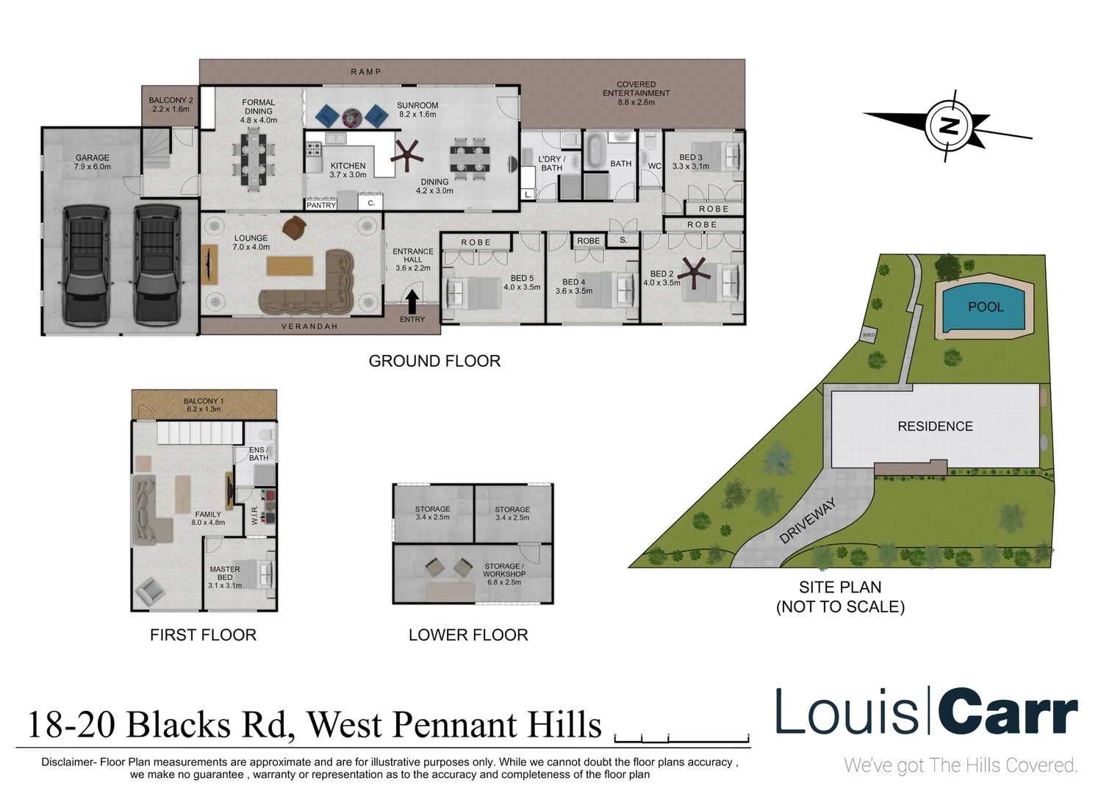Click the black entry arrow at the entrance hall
pos(412,301)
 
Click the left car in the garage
pos(87,265)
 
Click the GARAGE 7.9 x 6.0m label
pos(93,162)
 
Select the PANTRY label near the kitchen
pos(321,205)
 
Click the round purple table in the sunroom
pos(352,117)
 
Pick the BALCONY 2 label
pos(171,104)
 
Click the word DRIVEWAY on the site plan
pos(808,521)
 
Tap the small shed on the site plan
pos(869,335)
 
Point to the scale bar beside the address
pos(681,737)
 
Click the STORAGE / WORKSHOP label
pos(504,574)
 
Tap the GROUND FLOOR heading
pos(434,361)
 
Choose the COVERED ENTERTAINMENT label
pos(636,93)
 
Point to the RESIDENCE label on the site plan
pos(935,426)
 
